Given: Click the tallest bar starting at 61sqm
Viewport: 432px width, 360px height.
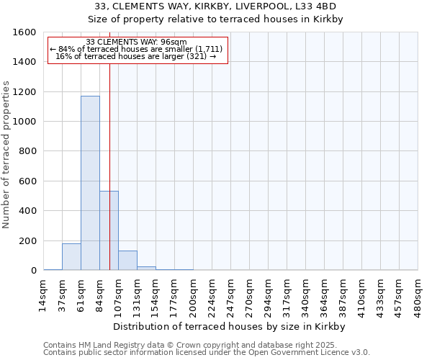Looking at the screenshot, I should tap(90, 183).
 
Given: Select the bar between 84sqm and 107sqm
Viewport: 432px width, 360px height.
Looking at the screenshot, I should tap(109, 230).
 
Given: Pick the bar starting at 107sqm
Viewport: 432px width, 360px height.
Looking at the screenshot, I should tap(127, 261).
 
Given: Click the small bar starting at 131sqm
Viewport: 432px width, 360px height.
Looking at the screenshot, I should tap(146, 269).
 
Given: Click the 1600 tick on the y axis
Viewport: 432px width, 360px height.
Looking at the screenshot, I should tap(24, 32).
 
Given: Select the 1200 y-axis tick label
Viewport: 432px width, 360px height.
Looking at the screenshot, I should tap(24, 92).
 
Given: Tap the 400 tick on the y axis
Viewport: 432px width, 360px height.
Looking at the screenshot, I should tap(27, 211).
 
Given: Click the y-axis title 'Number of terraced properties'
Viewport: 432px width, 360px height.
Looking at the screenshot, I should tap(7, 155).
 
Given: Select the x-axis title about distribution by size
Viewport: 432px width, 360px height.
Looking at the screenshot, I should tap(230, 326).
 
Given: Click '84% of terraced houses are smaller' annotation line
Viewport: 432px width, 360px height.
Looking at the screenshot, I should tap(137, 49).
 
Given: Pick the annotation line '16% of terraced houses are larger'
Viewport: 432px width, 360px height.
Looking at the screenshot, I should tap(137, 56).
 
